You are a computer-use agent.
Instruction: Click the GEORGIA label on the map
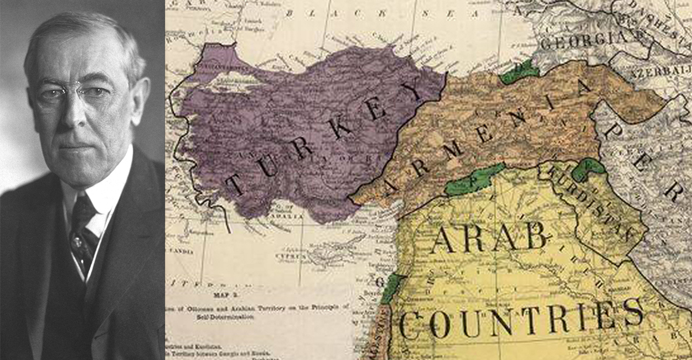click(x=585, y=40)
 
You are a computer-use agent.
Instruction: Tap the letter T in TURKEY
click(x=235, y=184)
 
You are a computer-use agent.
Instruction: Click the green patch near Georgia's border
click(x=519, y=72)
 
